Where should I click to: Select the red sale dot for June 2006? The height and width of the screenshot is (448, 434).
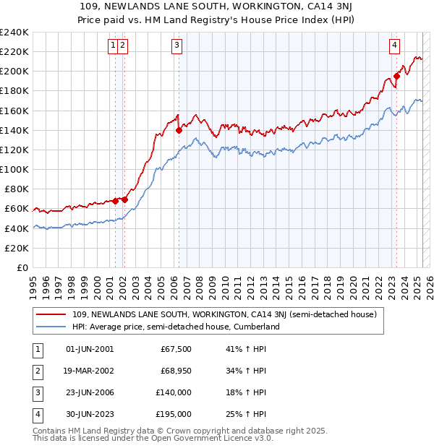[x=179, y=131]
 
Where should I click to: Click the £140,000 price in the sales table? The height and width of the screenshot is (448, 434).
[x=174, y=392]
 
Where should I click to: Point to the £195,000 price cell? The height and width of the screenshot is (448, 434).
[x=174, y=414]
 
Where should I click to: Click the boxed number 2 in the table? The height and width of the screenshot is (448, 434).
[x=35, y=371]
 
